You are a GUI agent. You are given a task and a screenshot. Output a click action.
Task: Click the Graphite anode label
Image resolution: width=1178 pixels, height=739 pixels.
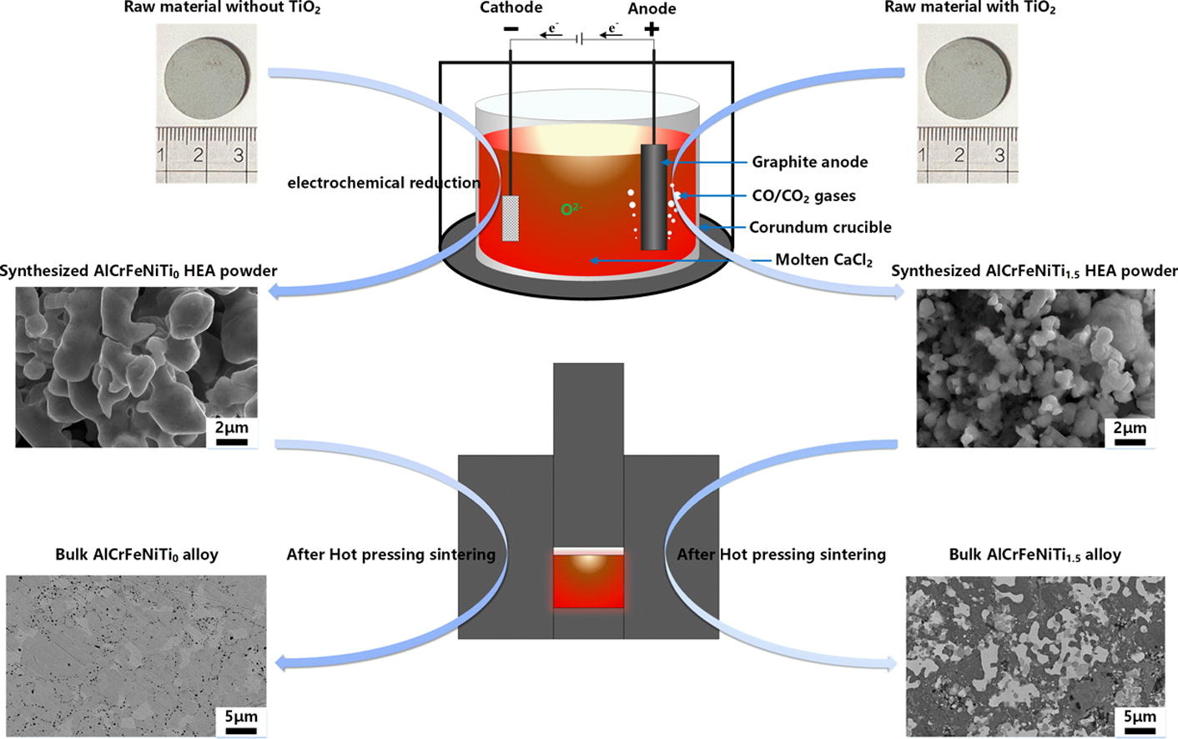coord(809,162)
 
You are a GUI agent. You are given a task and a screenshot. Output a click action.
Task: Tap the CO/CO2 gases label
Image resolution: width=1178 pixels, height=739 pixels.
coord(803,196)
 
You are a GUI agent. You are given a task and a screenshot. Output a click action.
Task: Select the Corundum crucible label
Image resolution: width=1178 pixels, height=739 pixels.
coord(820,227)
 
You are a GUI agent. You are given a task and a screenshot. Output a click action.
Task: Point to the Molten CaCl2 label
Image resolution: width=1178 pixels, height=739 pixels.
coord(823,260)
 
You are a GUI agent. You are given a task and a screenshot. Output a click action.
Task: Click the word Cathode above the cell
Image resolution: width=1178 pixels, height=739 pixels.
coord(511,8)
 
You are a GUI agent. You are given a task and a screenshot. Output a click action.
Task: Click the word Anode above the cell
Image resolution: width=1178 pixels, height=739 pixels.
coord(652,9)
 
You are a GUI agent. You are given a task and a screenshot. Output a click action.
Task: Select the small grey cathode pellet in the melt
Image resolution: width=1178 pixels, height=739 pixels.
coord(511,219)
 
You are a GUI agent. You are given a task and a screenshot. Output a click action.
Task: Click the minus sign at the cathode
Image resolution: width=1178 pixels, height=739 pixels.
coord(511,30)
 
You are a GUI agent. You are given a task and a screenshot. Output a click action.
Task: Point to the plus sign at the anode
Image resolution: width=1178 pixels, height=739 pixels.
coord(652,30)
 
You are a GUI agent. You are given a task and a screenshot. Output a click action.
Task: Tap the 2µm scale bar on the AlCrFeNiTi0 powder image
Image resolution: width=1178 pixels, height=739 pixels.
coord(231,441)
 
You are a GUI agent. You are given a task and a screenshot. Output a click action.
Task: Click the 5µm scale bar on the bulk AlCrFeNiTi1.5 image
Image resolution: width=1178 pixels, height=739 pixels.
coord(1140,730)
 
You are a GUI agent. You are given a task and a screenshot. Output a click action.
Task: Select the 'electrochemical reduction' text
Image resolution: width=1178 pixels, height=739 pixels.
coord(384,183)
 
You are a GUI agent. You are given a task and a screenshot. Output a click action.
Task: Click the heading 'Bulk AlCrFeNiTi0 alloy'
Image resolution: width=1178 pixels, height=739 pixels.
coord(136,555)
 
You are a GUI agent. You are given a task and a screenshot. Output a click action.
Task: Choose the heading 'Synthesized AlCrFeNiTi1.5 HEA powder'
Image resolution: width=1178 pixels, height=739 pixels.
coord(1034,271)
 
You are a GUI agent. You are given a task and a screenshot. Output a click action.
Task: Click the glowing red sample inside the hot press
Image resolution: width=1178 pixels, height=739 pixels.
coord(588,581)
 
